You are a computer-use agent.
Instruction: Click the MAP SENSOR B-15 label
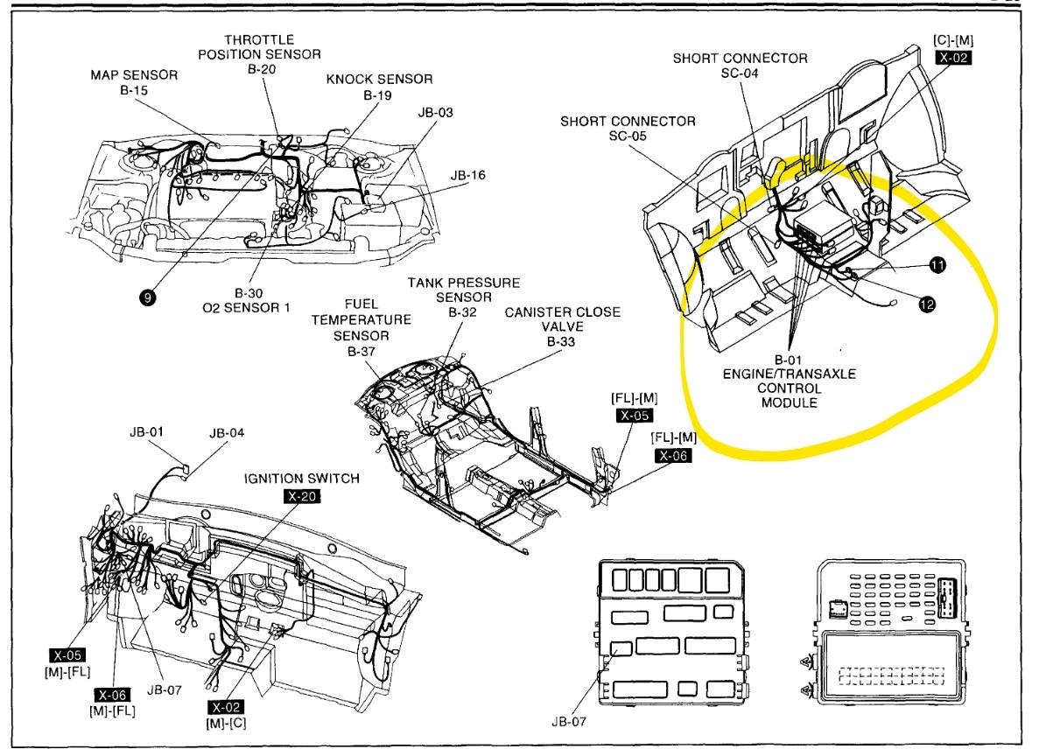(134, 82)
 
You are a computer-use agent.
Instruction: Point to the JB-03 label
(435, 113)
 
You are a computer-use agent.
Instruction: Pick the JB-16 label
(468, 175)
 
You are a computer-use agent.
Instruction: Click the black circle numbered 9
(147, 298)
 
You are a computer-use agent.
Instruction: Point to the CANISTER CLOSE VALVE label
(561, 326)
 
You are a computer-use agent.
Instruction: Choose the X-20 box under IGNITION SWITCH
(302, 496)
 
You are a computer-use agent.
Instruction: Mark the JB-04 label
(227, 432)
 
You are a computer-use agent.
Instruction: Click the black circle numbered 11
(937, 265)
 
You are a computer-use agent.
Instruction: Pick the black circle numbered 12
(926, 304)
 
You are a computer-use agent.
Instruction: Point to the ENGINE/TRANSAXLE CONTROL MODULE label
(789, 381)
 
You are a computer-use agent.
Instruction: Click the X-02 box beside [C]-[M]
(954, 58)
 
